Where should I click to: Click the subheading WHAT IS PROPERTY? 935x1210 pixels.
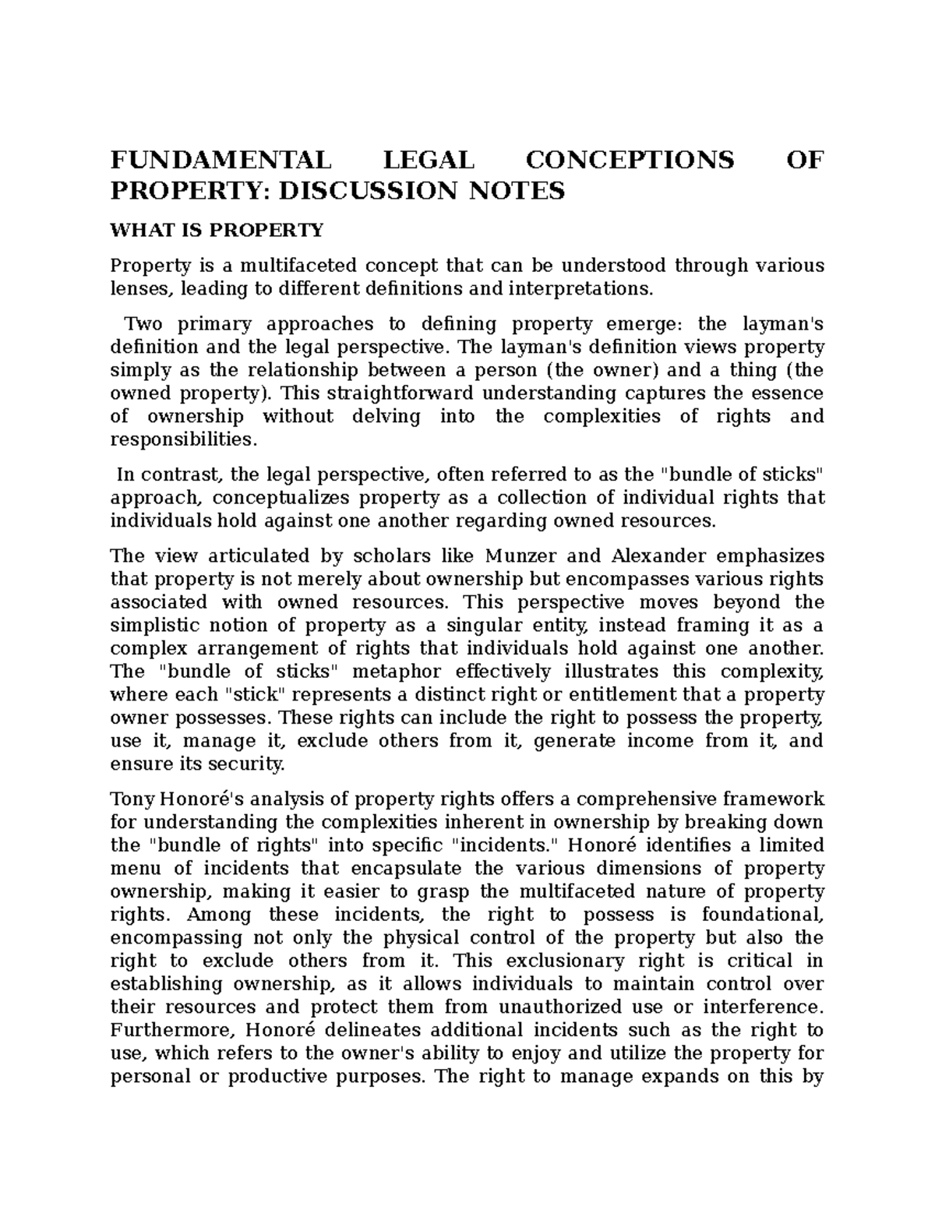pyautogui.click(x=216, y=231)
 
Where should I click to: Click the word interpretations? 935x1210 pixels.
pyautogui.click(x=579, y=289)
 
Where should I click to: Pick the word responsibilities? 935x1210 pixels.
pyautogui.click(x=183, y=439)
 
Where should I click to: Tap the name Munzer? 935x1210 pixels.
pyautogui.click(x=519, y=556)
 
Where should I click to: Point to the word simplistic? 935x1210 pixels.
pyautogui.click(x=155, y=626)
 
